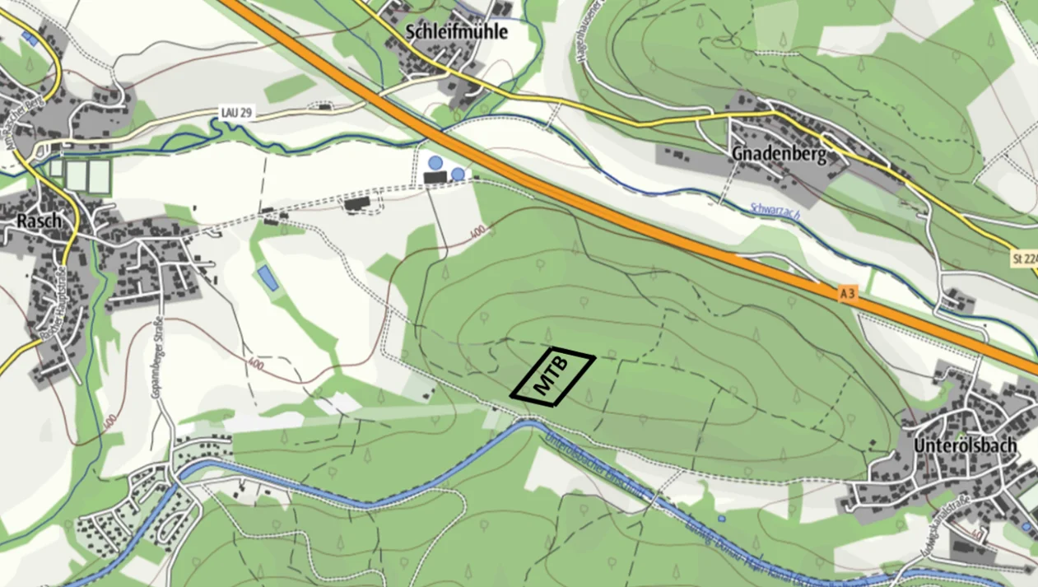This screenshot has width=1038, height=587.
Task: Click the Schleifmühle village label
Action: (457, 33)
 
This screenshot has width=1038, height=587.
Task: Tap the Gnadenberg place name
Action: (779, 154)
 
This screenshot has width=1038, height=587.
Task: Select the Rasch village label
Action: (39, 221)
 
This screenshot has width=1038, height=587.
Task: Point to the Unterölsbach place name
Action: (965, 445)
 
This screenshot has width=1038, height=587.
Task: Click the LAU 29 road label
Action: (236, 112)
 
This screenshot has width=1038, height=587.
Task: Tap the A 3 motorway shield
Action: (849, 293)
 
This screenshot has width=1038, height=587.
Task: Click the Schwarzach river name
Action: (775, 212)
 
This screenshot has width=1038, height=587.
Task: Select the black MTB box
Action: (552, 376)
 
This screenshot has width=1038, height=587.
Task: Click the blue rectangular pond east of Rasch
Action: (268, 277)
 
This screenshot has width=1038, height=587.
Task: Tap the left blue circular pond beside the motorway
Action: (435, 163)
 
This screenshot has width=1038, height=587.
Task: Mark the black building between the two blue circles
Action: (434, 177)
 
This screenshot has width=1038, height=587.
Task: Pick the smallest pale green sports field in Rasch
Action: (56, 169)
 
